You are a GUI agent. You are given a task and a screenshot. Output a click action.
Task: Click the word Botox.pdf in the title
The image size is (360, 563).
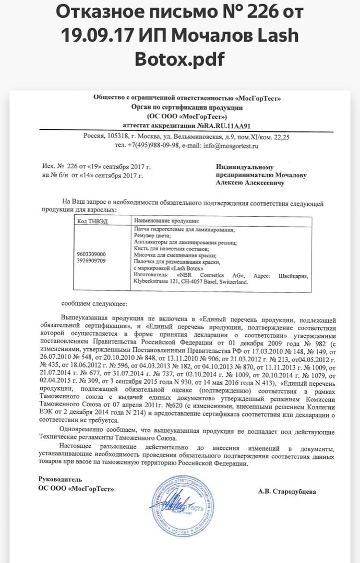tap(179, 59)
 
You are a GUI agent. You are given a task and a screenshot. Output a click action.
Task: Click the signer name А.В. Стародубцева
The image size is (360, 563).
tap(287, 491)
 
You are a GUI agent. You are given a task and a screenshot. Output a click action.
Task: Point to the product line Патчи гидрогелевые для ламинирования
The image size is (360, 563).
tap(184, 229)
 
